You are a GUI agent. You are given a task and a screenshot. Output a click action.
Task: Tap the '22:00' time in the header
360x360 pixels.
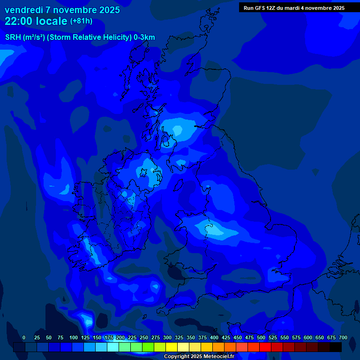19,21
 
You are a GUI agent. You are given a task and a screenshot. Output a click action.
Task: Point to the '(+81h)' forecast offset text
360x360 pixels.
81,21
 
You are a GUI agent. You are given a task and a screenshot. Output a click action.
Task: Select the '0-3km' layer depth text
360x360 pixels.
144,37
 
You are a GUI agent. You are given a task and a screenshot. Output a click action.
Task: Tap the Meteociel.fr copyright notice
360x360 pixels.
199,357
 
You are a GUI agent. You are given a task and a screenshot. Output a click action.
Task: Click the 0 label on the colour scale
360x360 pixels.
24,337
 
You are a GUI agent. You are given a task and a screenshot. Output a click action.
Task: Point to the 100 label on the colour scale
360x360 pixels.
74,337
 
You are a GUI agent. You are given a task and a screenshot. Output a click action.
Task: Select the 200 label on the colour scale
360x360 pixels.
120,337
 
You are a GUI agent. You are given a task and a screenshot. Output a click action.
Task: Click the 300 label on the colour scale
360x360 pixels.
167,337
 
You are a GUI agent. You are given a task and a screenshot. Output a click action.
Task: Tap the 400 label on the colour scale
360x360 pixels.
214,337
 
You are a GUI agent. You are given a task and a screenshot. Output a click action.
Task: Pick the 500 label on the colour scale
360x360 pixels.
261,337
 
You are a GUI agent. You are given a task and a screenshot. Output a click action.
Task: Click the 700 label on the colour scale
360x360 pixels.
343,337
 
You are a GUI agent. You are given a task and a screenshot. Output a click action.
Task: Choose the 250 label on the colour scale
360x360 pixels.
144,337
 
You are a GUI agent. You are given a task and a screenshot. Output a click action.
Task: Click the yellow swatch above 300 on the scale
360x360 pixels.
172,347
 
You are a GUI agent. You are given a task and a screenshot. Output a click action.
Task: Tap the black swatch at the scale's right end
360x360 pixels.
336,347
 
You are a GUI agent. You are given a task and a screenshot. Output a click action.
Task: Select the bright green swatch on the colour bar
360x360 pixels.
148,347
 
